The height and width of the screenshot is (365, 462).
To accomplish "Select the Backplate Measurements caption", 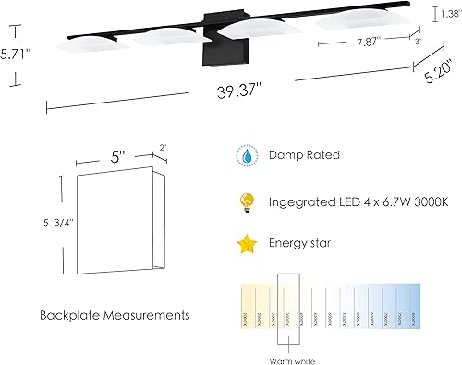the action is [x=115, y=315].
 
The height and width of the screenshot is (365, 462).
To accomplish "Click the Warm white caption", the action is [x=289, y=359].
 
